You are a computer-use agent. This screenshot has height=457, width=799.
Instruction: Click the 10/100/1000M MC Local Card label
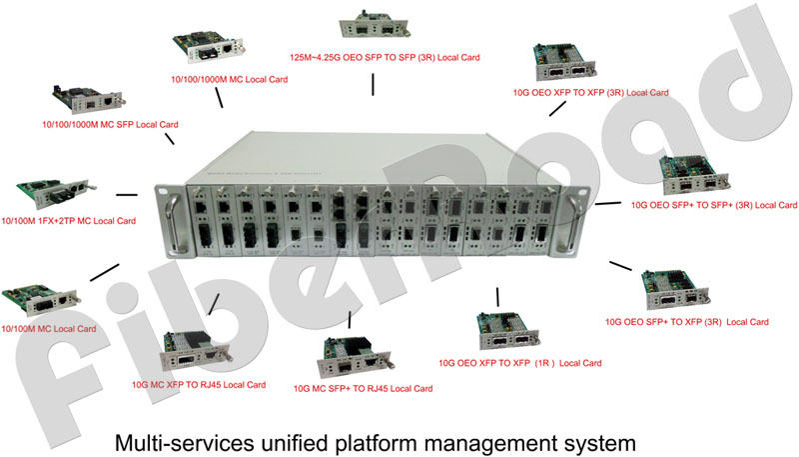230,80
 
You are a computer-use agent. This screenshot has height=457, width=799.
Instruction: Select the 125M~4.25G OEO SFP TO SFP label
385,58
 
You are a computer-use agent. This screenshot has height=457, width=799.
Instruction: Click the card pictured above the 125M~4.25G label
375,24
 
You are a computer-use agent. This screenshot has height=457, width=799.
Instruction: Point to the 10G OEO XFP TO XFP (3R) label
590,93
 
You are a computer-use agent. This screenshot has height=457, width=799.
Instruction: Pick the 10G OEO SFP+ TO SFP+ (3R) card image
694,175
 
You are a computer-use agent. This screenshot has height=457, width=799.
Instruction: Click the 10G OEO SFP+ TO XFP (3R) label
686,322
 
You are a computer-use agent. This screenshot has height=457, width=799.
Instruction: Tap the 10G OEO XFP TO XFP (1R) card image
507,331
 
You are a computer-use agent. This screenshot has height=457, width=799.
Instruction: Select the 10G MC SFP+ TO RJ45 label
363,389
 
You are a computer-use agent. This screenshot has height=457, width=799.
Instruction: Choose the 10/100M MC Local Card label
48,329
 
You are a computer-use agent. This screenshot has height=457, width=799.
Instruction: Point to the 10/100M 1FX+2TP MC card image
53,193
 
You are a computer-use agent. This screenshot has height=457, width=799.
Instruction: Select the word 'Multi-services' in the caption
185,443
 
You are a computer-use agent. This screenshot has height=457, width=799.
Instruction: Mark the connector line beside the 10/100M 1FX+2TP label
127,194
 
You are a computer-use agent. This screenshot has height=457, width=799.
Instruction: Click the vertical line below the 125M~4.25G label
373,85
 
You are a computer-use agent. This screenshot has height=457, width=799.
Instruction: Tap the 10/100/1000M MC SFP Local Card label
110,124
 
